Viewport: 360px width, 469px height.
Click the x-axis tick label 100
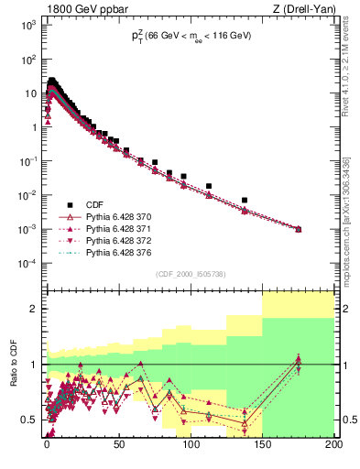click(x=191, y=449)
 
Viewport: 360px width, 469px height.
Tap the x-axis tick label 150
click(x=262, y=449)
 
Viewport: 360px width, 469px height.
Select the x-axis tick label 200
click(x=332, y=449)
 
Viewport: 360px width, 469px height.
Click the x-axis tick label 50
click(x=118, y=449)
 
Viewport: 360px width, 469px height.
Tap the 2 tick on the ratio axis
click(x=32, y=309)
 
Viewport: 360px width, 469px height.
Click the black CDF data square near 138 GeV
click(x=245, y=200)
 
